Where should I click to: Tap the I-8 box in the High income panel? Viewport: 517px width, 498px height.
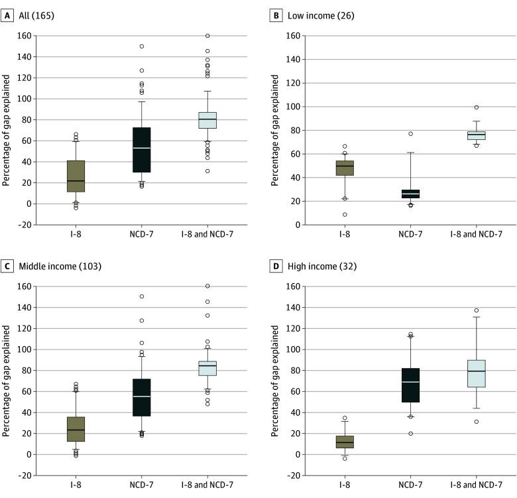(x=344, y=442)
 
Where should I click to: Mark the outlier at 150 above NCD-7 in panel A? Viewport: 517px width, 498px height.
(x=141, y=46)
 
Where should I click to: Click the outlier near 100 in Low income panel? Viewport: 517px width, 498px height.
(x=476, y=107)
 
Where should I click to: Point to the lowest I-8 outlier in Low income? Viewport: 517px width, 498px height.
(x=344, y=214)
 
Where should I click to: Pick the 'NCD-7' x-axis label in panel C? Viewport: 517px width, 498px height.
(x=141, y=487)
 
